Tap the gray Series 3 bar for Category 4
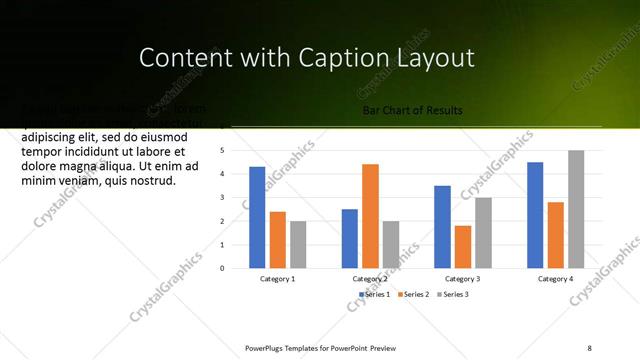click(576, 209)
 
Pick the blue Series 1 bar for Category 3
click(442, 227)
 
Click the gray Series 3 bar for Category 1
click(298, 244)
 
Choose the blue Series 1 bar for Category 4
click(535, 215)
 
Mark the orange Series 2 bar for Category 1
click(278, 240)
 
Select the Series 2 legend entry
click(416, 294)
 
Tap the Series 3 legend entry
click(455, 294)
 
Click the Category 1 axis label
click(277, 279)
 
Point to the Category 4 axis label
click(555, 279)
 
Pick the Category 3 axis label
click(462, 279)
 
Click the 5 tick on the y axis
click(236, 150)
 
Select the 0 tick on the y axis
click(236, 268)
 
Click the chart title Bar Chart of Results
click(413, 111)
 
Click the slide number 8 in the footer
click(589, 347)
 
